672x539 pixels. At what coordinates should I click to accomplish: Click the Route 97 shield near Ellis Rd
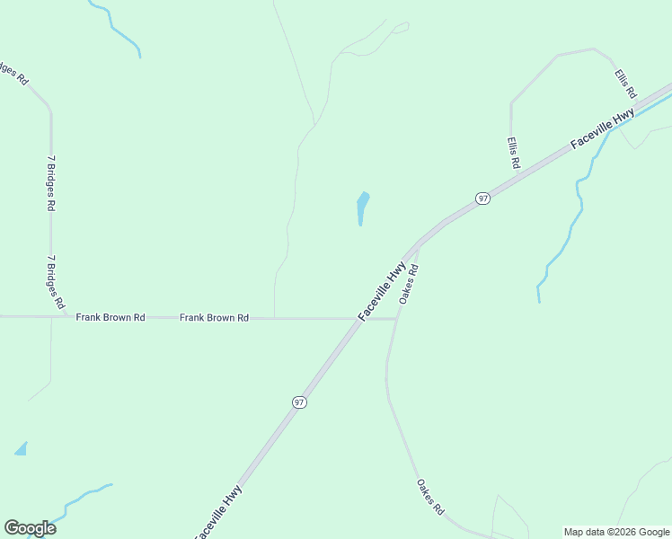point(482,198)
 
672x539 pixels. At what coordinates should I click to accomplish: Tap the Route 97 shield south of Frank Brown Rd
point(299,402)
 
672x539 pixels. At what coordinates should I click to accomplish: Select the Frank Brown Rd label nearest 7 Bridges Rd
point(111,317)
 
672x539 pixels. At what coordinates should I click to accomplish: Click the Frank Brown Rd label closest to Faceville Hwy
point(214,317)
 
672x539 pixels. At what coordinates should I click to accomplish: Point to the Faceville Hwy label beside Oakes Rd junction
point(382,291)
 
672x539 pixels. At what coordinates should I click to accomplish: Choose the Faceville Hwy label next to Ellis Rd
point(603,129)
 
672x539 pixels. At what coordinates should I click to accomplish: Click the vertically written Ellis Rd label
point(512,153)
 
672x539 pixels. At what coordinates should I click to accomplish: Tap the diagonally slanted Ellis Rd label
point(625,84)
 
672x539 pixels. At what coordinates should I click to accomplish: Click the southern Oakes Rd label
point(429,497)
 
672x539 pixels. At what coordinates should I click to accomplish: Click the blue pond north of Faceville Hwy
point(362,207)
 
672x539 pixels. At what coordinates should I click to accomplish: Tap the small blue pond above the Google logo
point(21,448)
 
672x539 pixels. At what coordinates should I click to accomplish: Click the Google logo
point(30,528)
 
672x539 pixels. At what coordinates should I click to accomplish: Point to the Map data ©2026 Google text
point(616,532)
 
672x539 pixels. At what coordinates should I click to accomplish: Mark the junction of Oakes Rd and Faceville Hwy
point(419,243)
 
